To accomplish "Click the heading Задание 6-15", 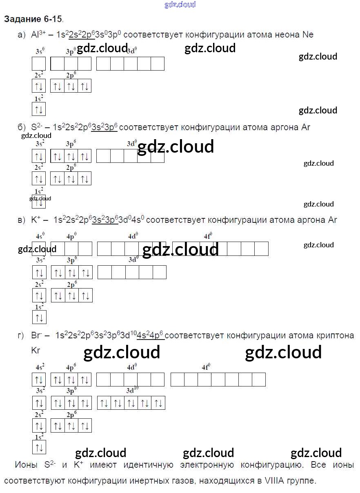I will (33, 19).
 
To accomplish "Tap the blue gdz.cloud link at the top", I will (180, 4).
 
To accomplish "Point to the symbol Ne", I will (308, 35).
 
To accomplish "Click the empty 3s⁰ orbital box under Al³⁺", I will (39, 64).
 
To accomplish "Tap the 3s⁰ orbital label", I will (40, 51).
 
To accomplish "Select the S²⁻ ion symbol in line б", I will (37, 127).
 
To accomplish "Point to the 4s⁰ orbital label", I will (40, 236).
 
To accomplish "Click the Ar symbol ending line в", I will (332, 220).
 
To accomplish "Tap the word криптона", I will (335, 335).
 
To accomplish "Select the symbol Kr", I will (36, 350).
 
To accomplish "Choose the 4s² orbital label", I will (40, 367).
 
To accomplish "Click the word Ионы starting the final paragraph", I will (26, 465).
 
